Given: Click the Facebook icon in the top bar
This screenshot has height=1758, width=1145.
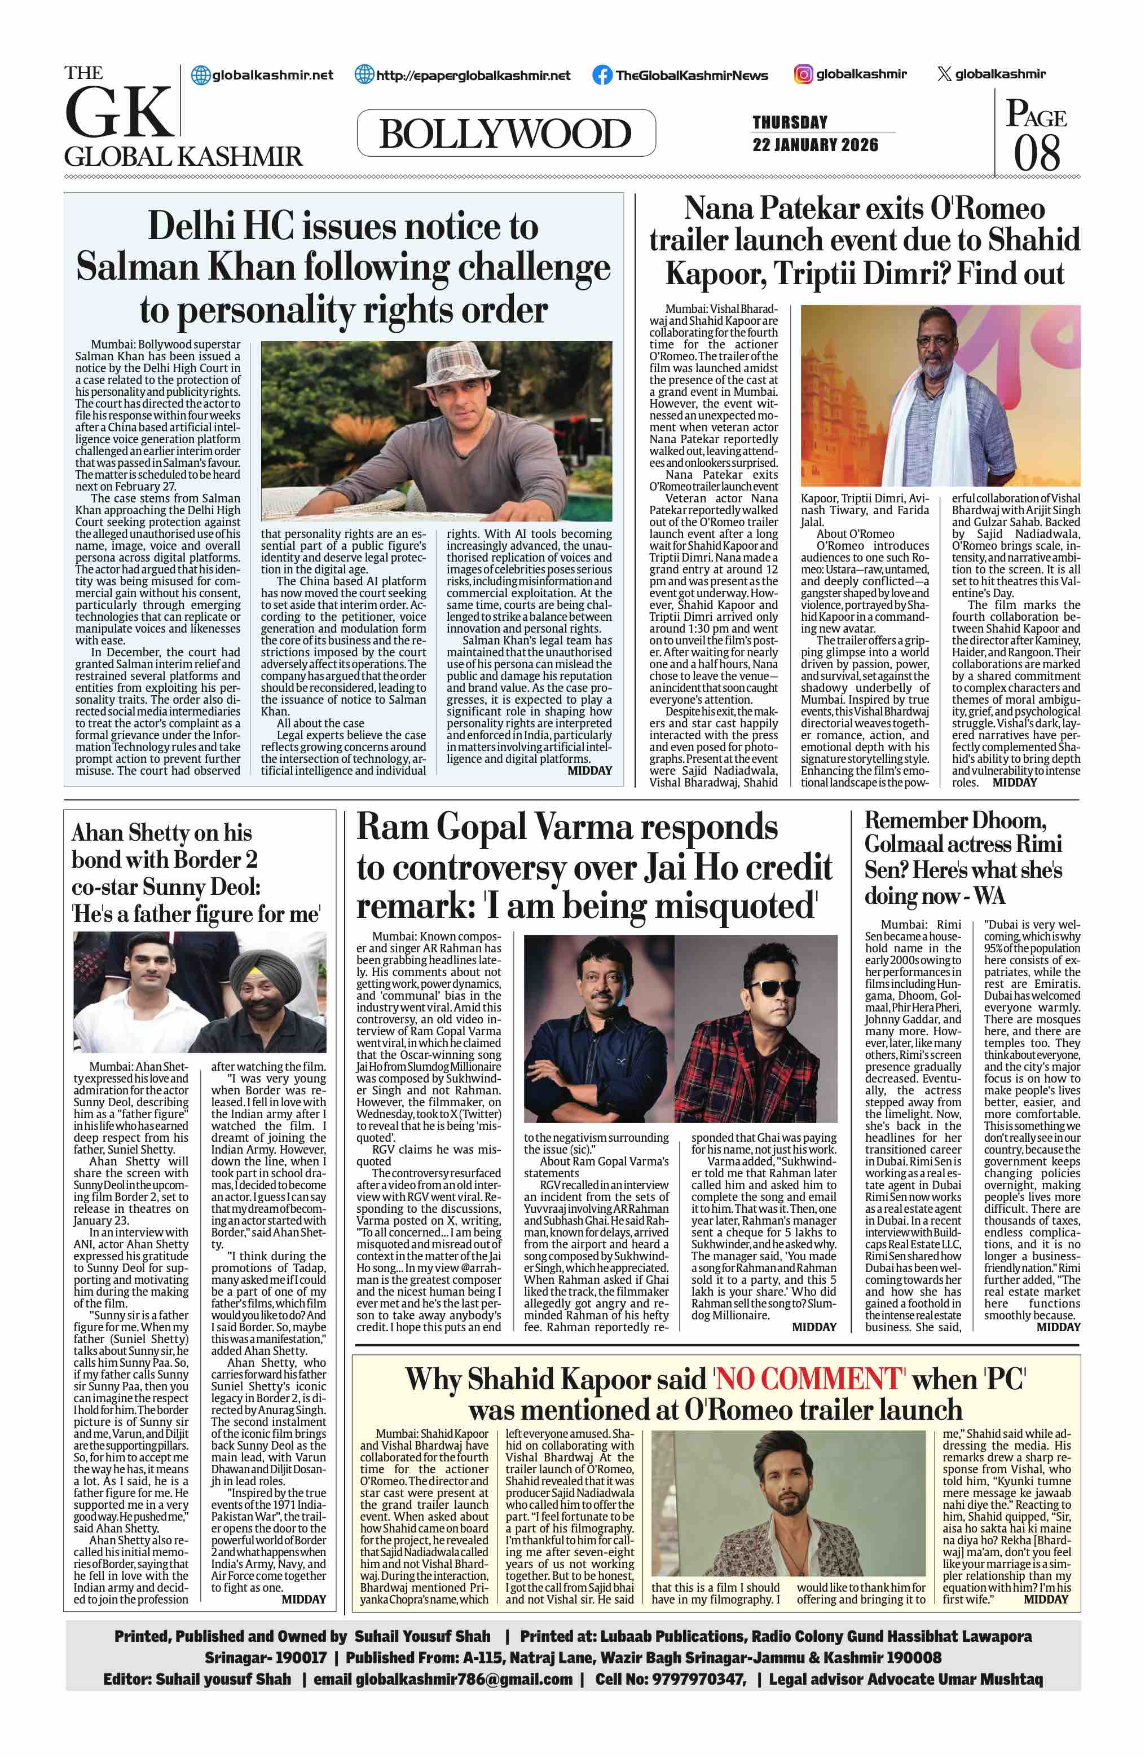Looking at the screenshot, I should pos(602,74).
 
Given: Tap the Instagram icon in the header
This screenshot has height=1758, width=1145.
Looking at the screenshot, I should pos(803,74).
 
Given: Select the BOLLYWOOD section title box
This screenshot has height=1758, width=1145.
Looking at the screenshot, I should pos(506,134).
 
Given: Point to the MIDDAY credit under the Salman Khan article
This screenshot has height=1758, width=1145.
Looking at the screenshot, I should pos(589,770).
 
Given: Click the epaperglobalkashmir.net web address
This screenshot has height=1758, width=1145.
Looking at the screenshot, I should pos(473,74).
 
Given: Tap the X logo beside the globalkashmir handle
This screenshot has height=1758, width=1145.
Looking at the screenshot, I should pos(943,74).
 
